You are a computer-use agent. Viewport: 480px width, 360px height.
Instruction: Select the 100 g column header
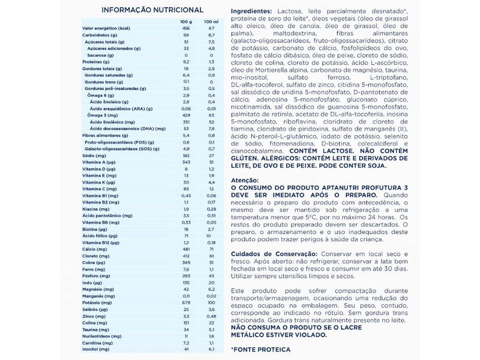pyautogui.click(x=185, y=22)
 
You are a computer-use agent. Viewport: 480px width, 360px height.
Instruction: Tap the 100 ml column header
pyautogui.click(x=211, y=22)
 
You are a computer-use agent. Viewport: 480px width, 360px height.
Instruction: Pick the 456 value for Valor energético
pyautogui.click(x=185, y=28)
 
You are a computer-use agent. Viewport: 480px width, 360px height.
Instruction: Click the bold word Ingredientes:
pyautogui.click(x=254, y=12)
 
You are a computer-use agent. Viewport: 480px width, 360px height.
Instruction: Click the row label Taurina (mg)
pyautogui.click(x=94, y=329)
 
